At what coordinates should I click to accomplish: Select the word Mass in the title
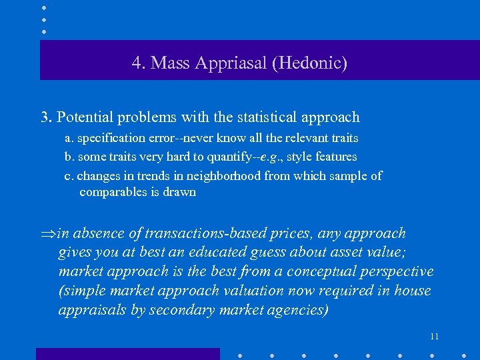tap(169, 63)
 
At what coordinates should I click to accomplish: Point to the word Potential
tap(85, 117)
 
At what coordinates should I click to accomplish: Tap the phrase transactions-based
tap(235, 233)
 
